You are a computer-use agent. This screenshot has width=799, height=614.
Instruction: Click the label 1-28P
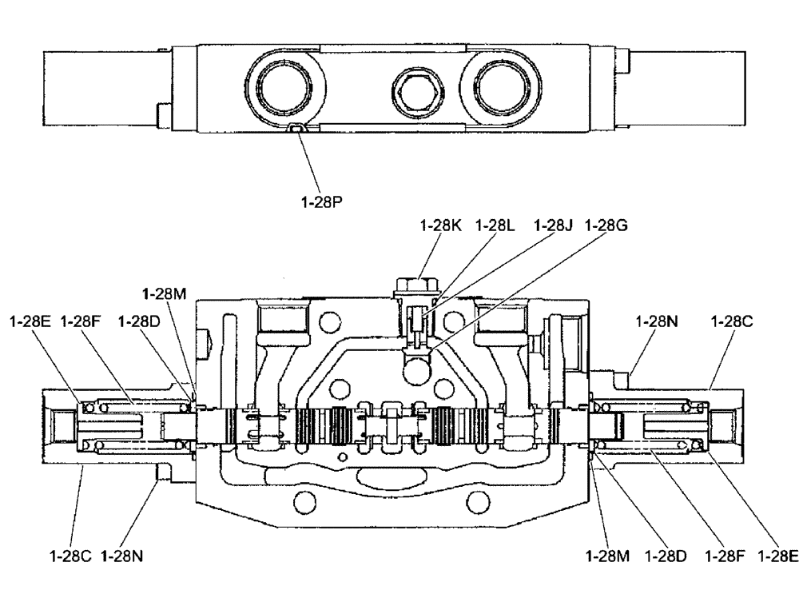pyautogui.click(x=322, y=203)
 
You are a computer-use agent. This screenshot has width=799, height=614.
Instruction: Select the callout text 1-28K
pyautogui.click(x=440, y=226)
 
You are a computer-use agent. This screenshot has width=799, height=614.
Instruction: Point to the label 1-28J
pyautogui.click(x=554, y=226)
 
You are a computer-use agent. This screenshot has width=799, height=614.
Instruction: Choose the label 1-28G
pyautogui.click(x=606, y=226)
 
